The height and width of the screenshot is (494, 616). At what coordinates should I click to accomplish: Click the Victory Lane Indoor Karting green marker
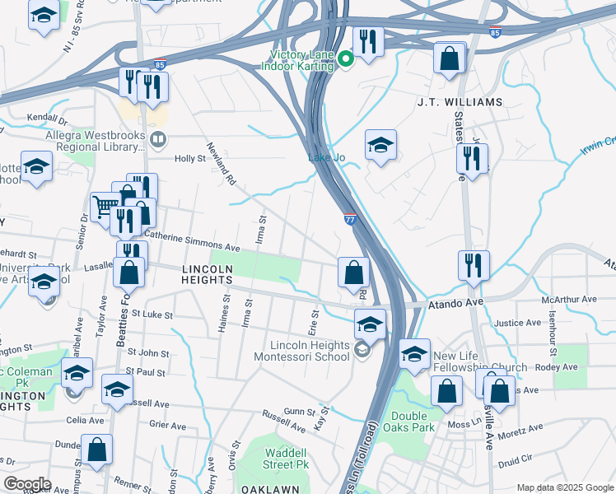click(347, 58)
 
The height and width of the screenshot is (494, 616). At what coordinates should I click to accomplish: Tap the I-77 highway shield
click(350, 219)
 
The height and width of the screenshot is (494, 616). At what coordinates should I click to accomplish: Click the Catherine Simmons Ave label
click(192, 245)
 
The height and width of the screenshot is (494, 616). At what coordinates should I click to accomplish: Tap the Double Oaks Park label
click(413, 422)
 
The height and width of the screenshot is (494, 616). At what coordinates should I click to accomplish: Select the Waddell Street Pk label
click(287, 459)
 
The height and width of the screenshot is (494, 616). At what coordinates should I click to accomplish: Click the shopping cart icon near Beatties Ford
click(105, 206)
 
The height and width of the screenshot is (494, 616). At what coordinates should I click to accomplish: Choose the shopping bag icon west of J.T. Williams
click(450, 59)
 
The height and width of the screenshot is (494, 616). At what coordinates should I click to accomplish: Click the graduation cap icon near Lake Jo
click(380, 146)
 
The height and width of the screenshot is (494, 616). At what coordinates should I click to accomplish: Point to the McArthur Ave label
click(574, 299)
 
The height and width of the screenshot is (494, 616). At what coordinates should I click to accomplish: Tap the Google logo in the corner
click(27, 484)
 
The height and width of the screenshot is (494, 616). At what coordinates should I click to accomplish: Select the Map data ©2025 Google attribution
click(566, 487)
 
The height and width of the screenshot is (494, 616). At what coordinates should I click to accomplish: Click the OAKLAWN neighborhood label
click(268, 488)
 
